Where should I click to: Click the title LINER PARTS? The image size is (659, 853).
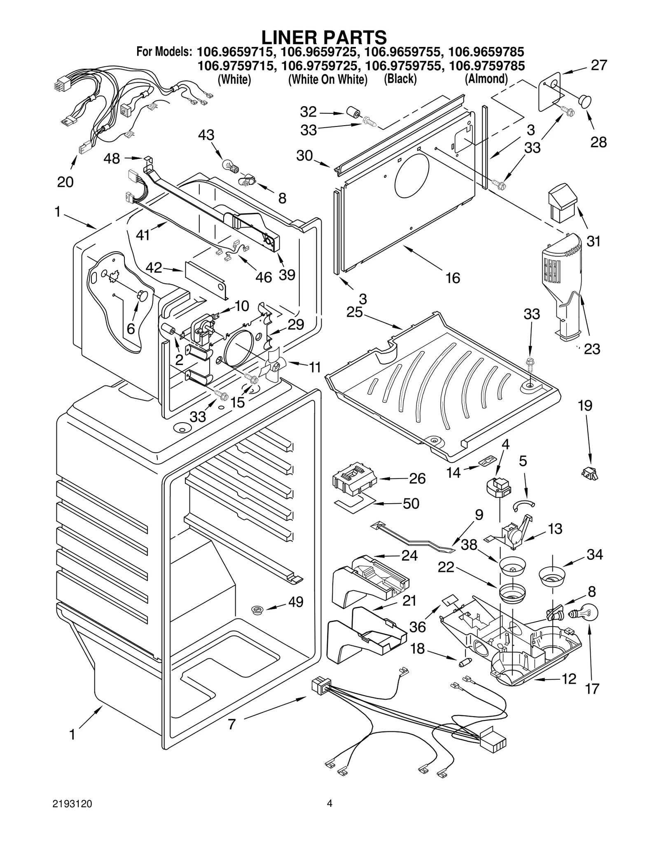click(x=324, y=37)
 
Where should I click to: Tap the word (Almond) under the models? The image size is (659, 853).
click(x=486, y=79)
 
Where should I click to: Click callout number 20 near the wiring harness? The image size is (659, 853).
click(x=65, y=182)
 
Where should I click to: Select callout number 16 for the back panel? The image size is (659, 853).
click(x=453, y=278)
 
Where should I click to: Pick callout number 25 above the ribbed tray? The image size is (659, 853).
click(x=354, y=312)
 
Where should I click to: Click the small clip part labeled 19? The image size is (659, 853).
click(x=590, y=473)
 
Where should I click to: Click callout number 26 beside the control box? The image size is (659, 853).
click(x=417, y=478)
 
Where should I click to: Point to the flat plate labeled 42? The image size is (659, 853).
click(x=205, y=278)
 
